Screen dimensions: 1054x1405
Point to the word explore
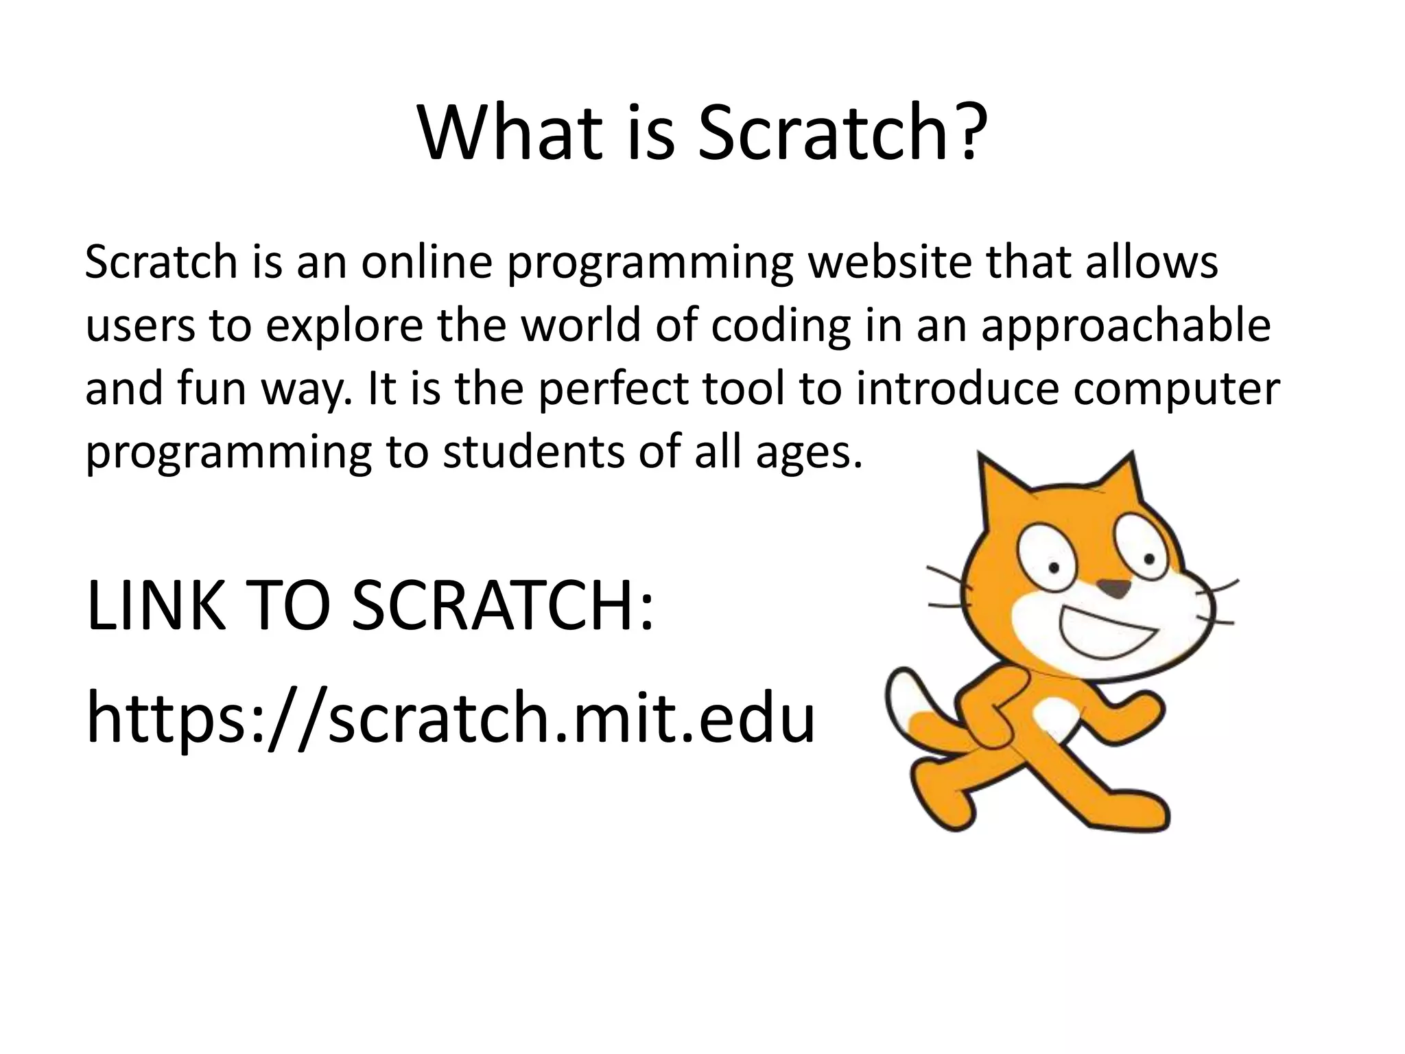pyautogui.click(x=344, y=326)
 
